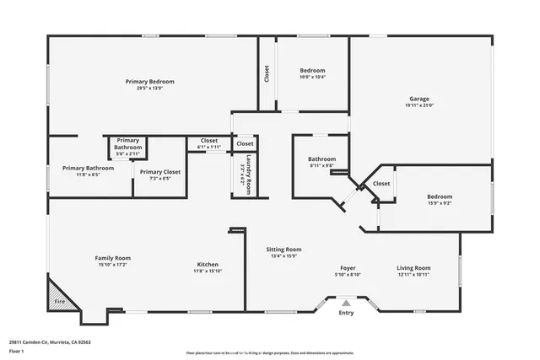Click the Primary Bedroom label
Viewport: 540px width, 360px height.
tap(149, 81)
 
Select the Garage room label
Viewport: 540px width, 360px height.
tap(419, 98)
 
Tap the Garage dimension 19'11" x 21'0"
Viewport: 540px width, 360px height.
tap(419, 105)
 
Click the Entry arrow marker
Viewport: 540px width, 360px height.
tap(346, 302)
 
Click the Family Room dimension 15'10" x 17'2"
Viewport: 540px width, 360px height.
tap(111, 265)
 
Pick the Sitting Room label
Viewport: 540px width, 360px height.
tap(283, 250)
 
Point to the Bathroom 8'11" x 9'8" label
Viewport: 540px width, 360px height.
tap(321, 159)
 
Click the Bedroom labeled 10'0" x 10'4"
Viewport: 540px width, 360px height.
tap(312, 70)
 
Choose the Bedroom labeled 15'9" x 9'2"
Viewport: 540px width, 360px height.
tap(439, 196)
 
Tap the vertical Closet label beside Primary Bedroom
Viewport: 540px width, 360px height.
tap(267, 73)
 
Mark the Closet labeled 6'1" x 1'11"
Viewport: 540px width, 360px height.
tap(208, 141)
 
